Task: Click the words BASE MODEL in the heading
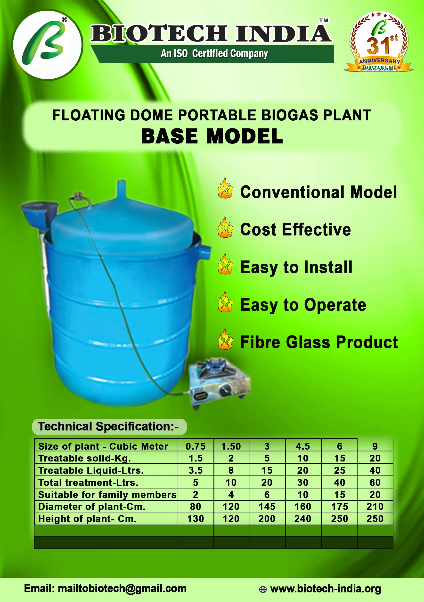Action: [212, 136]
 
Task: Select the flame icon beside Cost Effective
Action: [225, 227]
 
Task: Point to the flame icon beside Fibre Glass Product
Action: [225, 339]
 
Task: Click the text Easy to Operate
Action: [303, 305]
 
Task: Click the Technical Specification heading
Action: [108, 426]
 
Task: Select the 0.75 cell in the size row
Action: [196, 446]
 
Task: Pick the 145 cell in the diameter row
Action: [267, 507]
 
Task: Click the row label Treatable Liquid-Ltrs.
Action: [91, 470]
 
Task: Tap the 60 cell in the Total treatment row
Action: [375, 482]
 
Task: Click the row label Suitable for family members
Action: [107, 494]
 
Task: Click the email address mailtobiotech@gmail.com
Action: [122, 588]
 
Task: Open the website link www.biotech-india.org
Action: [326, 589]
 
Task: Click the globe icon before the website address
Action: [263, 589]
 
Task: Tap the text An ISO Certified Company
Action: [214, 53]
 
